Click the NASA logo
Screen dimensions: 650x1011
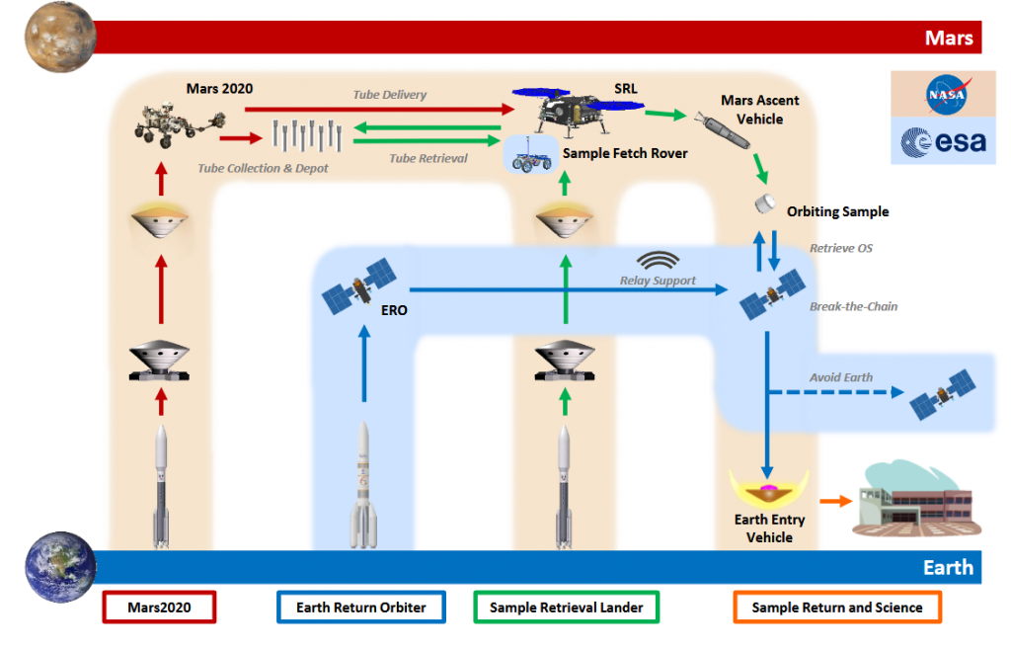coord(942,95)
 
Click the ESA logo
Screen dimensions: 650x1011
coord(942,142)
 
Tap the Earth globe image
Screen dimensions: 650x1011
coord(61,566)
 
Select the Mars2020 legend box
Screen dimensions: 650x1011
coord(159,608)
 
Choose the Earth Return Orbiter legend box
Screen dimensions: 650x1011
coord(361,608)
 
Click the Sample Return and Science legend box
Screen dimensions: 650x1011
coord(836,608)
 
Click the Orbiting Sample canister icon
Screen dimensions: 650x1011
coord(763,203)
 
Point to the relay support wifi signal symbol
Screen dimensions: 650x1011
coord(658,261)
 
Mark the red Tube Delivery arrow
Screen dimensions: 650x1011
coord(375,109)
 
